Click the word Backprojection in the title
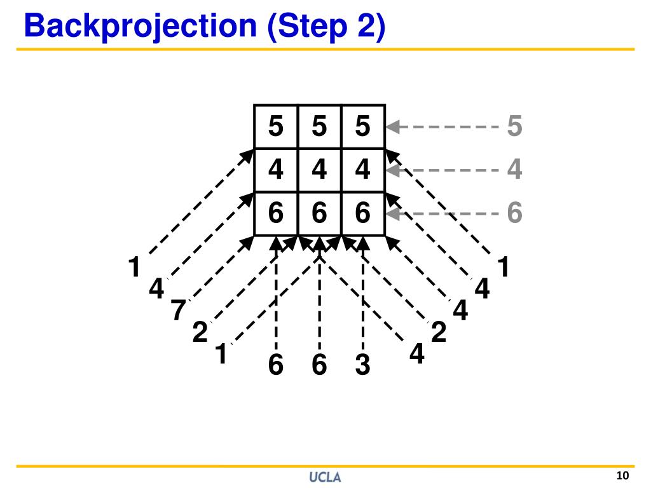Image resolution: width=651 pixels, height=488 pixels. (140, 27)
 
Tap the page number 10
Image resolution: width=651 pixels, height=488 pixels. (622, 476)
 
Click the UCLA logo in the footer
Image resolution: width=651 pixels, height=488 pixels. (325, 477)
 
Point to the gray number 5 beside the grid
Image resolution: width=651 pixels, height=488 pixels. (514, 126)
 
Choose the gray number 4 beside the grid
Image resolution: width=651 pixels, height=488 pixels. (514, 170)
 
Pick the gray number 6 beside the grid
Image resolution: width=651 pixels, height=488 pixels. (514, 213)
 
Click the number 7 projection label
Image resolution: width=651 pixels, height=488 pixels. (178, 311)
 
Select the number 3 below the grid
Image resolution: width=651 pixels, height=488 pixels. (362, 366)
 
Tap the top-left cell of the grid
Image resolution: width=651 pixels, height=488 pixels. (276, 126)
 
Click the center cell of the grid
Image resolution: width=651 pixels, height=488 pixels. (319, 170)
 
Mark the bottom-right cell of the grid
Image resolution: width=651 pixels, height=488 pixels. (362, 213)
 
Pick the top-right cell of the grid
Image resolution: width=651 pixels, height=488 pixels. (362, 126)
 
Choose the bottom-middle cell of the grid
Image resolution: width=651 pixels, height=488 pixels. (319, 213)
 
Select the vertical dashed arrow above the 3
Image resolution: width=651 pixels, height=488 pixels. (362, 292)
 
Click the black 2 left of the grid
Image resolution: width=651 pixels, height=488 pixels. (200, 332)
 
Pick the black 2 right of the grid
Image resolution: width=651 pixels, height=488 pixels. (438, 332)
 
